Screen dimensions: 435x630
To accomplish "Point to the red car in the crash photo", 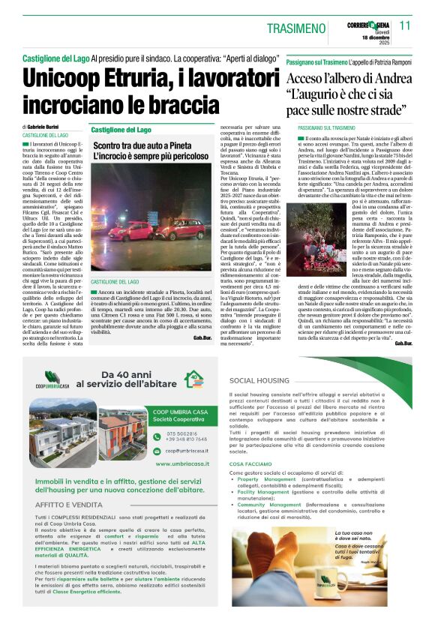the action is pos(130,229).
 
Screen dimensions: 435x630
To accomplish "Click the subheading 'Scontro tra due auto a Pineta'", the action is pos(139,146).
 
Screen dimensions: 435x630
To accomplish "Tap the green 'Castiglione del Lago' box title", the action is pos(121,130).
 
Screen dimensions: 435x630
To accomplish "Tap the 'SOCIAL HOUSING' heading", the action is pos(259,382).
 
